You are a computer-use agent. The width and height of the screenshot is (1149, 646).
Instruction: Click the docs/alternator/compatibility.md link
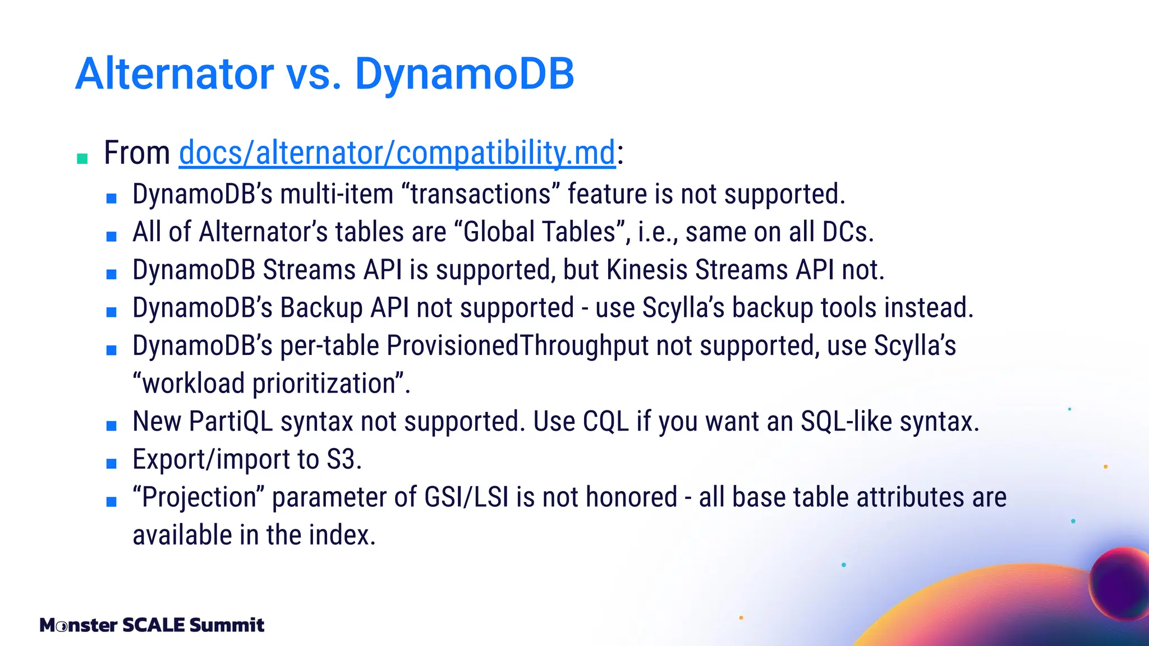(x=397, y=153)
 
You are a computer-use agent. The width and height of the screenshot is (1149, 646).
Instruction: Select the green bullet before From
(x=82, y=159)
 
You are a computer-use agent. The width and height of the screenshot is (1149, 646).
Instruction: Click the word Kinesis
(x=647, y=270)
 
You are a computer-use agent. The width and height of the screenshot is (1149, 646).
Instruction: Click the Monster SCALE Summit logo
(x=151, y=625)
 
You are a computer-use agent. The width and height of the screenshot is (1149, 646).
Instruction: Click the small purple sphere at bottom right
(x=1119, y=583)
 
